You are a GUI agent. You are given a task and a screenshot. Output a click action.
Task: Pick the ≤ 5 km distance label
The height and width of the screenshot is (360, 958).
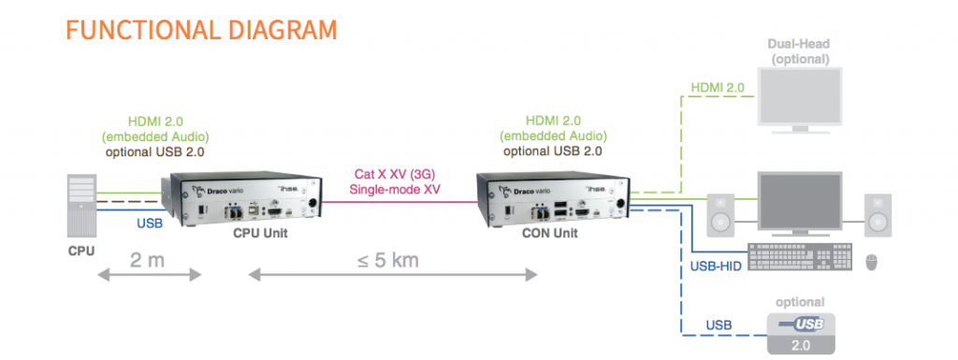391,259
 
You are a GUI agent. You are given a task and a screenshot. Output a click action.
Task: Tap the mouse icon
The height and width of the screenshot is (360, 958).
874,261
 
